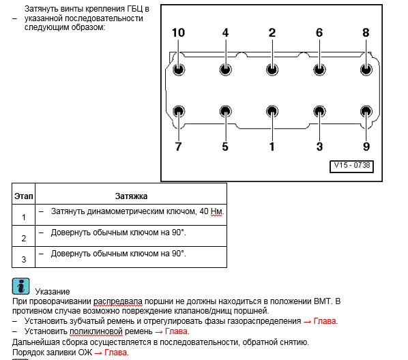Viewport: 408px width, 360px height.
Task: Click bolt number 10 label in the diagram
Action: point(178,33)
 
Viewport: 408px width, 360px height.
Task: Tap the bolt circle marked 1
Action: point(272,111)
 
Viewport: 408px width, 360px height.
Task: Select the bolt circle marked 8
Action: point(366,70)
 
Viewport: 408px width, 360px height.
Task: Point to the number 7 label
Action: point(178,147)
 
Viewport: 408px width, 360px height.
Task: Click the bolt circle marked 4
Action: point(225,70)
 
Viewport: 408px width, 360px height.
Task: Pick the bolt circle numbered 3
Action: point(319,111)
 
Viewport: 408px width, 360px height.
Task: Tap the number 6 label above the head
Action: point(319,33)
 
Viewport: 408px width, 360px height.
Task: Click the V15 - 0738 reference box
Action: point(351,166)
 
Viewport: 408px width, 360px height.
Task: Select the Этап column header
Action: point(24,196)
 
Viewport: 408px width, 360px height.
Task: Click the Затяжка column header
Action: point(131,196)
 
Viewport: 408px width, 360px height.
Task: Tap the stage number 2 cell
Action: point(24,238)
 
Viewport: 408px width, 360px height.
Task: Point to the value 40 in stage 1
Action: point(204,211)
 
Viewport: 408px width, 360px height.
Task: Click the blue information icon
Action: point(21,286)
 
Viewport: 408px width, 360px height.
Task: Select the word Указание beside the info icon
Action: point(53,292)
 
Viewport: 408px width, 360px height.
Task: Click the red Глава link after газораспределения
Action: point(325,321)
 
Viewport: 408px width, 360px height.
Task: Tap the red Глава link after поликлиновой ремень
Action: point(176,331)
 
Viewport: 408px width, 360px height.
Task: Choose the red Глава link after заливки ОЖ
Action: point(115,352)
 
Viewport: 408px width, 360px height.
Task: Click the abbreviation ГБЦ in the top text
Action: point(135,9)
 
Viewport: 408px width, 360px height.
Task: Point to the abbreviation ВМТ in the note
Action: point(323,301)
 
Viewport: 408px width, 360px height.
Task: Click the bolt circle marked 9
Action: point(366,111)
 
